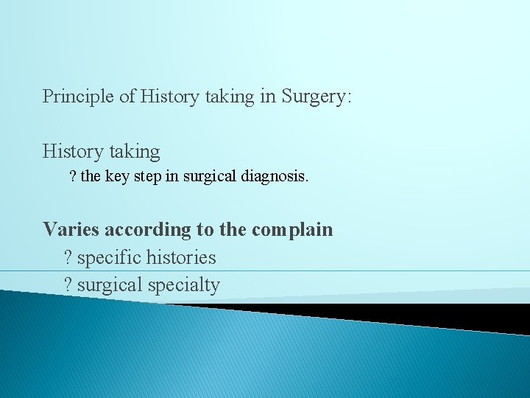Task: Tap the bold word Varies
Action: click(71, 229)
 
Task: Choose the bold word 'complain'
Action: click(292, 229)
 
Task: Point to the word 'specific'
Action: click(108, 258)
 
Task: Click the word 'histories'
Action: click(181, 258)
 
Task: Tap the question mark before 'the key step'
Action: click(72, 177)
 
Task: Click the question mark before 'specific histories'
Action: click(68, 258)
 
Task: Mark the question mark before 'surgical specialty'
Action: click(68, 285)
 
